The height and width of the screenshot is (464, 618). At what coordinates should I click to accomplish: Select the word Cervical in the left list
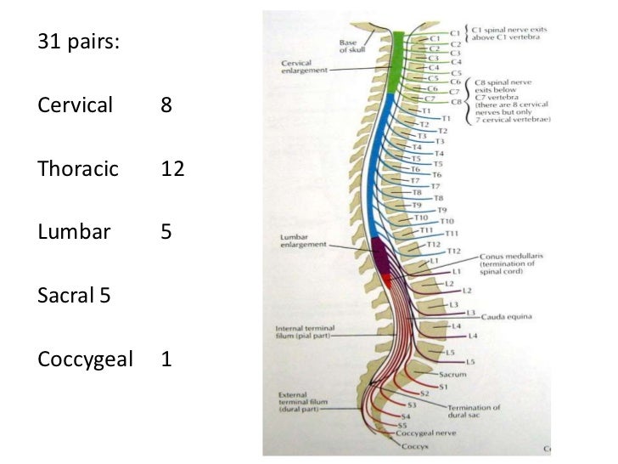[x=75, y=106]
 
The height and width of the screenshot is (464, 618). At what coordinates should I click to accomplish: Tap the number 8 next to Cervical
[x=166, y=106]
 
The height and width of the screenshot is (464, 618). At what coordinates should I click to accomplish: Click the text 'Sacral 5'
[x=73, y=297]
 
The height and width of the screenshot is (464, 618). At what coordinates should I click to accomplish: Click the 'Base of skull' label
[x=347, y=44]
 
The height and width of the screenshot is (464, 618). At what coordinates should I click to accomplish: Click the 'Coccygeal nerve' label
[x=422, y=432]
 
